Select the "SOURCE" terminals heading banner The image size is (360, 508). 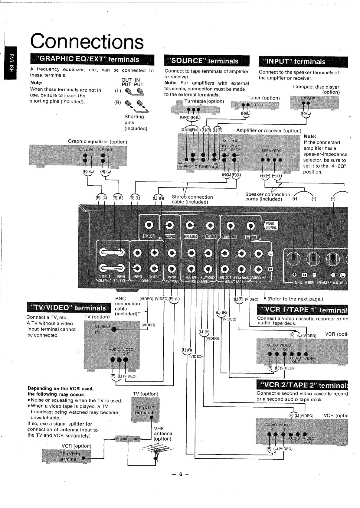206,61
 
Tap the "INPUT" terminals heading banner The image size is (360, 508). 303,62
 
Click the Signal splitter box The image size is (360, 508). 127,438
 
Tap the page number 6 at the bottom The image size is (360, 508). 180,474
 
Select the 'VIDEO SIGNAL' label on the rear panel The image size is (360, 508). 271,226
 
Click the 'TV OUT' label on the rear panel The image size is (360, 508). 149,236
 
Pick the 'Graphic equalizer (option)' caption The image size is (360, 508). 97,142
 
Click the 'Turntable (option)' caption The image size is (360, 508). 204,101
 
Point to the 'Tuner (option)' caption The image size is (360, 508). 263,98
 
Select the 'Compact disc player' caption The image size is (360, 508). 316,87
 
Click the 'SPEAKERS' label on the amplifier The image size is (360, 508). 271,151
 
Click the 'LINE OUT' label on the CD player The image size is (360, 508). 306,99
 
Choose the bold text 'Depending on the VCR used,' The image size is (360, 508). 61,388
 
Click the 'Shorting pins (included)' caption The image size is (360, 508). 136,122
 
